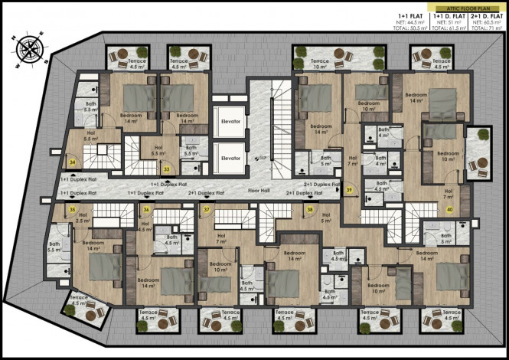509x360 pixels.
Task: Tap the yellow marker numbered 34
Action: tap(72, 162)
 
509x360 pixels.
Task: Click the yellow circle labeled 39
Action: tap(349, 189)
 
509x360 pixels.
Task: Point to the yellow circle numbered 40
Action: tap(449, 209)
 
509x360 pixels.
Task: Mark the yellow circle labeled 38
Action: tap(310, 209)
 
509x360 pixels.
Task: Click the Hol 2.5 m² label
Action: tap(84, 218)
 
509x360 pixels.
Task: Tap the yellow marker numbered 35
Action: tap(73, 209)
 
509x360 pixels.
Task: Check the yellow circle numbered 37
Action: tap(207, 209)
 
